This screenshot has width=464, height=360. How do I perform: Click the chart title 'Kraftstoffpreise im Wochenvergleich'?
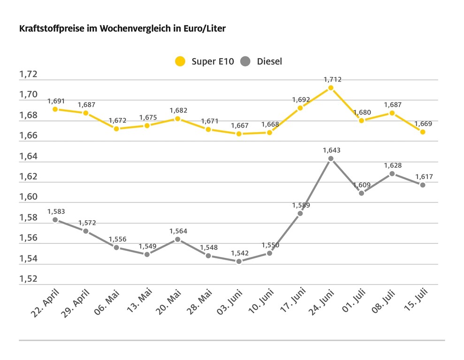(122, 29)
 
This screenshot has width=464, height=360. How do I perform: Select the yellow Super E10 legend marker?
(180, 61)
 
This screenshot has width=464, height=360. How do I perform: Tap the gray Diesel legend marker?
(245, 61)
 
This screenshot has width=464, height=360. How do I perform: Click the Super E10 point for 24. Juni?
(331, 88)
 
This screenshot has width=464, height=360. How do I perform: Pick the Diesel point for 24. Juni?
(331, 158)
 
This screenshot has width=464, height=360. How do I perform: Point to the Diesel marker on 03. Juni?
(239, 261)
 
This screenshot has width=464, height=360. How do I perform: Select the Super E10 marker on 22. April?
(55, 109)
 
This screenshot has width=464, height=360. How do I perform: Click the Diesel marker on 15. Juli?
(423, 185)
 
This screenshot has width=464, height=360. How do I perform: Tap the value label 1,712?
(332, 80)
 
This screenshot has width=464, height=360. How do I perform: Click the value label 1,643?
(331, 150)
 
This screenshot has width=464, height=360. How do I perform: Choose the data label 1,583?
(56, 212)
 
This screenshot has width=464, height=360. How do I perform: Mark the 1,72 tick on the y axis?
(28, 75)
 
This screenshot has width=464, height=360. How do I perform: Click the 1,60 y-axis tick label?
(28, 197)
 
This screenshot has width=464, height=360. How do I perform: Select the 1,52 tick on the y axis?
(28, 279)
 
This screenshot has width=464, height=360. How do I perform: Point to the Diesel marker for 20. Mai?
(177, 239)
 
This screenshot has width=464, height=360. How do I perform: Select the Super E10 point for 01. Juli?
(361, 120)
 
